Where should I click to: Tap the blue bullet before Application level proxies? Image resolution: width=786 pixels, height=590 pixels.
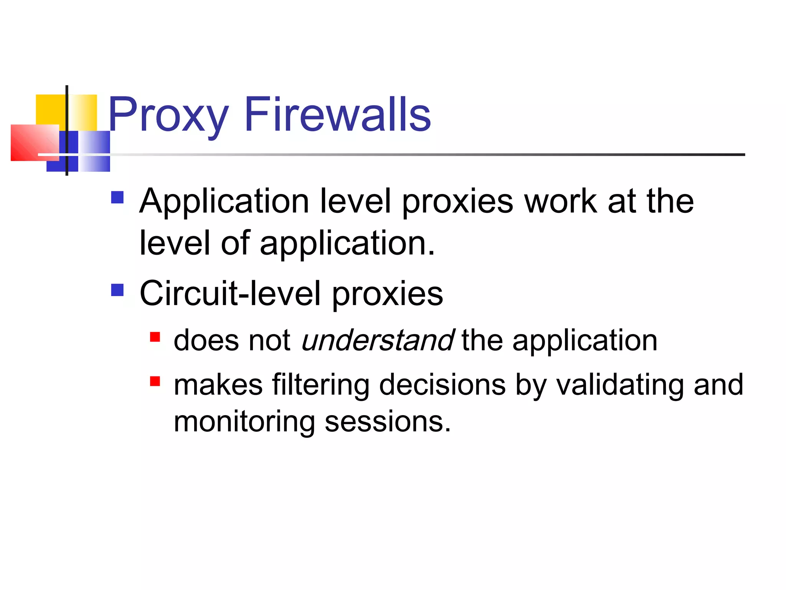tap(117, 197)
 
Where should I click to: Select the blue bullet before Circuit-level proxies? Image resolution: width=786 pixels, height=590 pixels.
tap(117, 290)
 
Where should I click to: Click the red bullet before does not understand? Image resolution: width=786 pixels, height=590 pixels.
tap(155, 337)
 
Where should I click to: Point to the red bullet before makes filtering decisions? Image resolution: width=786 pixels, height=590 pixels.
tap(155, 381)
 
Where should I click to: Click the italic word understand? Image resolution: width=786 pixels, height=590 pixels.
tap(378, 340)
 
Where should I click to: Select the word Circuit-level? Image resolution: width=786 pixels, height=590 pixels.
tap(230, 294)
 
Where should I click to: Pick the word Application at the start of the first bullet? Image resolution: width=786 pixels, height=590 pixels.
tap(224, 202)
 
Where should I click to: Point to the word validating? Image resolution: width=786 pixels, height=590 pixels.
tap(620, 385)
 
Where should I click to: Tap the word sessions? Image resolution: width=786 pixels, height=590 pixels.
tap(388, 422)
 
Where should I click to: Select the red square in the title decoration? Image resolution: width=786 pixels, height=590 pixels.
tap(35, 143)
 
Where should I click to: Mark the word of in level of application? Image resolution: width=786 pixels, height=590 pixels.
tap(236, 243)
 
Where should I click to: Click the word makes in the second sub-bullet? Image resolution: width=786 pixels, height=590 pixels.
tap(218, 385)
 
